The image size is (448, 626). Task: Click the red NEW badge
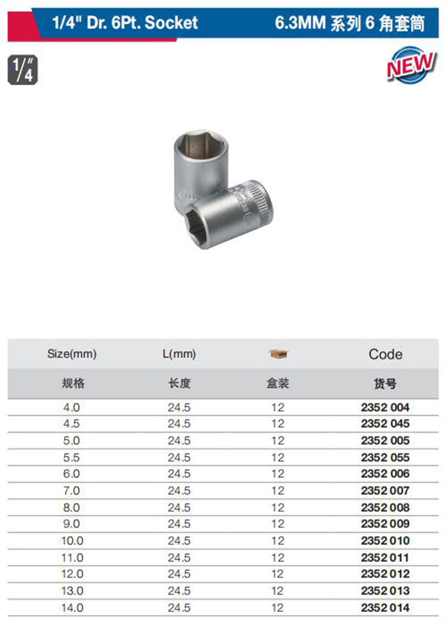click(411, 65)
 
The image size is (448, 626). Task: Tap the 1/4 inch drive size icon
click(23, 70)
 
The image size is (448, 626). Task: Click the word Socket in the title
click(171, 22)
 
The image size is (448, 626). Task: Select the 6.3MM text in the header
click(300, 23)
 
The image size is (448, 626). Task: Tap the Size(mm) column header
click(72, 354)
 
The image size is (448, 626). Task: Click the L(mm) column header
click(179, 354)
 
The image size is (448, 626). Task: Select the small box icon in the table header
click(278, 354)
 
